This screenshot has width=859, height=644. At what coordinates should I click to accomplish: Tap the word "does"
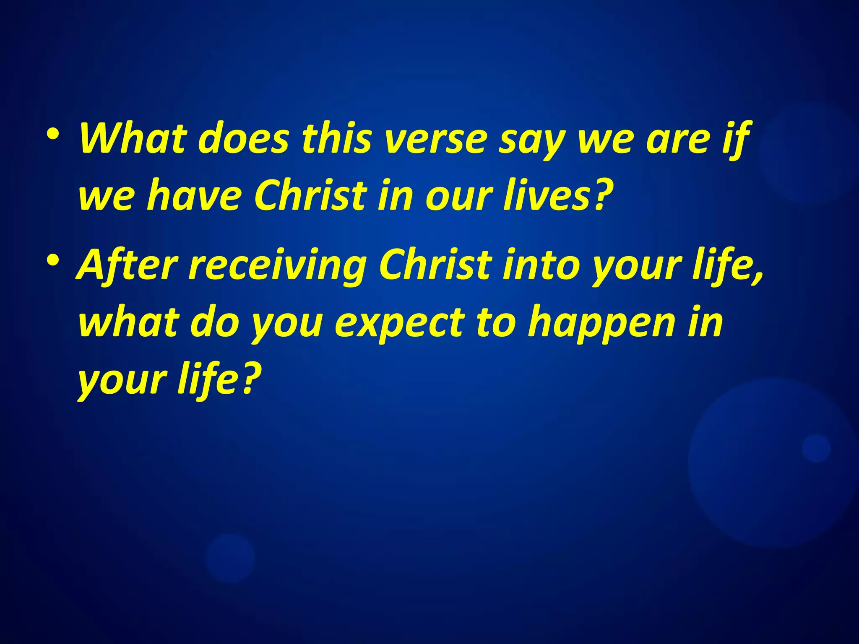pos(244,138)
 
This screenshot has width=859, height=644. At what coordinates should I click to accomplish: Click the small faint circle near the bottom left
pos(230,558)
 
